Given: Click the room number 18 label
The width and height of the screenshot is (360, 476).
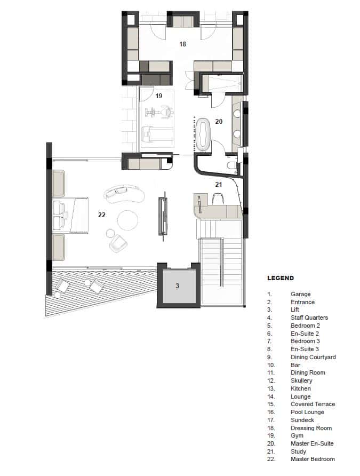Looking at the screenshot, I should tap(182, 44).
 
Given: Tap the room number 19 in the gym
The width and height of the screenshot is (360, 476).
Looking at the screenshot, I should tap(159, 96).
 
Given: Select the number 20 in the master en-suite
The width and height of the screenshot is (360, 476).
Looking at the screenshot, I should tap(219, 121).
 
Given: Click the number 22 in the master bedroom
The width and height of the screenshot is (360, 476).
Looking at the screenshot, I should tap(102, 215).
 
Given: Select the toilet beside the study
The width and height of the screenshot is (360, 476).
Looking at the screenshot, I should tap(231, 166).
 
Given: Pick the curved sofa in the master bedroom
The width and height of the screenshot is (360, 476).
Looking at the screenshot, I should tap(125, 194).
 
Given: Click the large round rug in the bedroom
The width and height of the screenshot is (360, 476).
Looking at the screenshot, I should tap(128, 220).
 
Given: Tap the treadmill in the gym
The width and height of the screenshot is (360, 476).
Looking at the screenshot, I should tap(157, 136).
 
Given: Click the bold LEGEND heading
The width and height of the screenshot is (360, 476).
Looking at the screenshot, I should tap(280, 278).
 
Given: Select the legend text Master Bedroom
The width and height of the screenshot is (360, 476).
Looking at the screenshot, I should tap(313, 459).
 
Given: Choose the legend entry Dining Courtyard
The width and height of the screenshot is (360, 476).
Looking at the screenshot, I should tap(313, 357).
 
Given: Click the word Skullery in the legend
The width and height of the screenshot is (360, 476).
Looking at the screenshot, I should tap(301, 380).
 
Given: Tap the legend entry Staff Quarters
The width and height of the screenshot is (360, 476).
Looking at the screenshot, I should tap(309, 318).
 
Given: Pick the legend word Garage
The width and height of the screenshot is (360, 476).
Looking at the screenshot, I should tap(300, 294).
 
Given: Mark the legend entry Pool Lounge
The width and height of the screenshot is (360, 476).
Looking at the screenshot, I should tap(307, 412).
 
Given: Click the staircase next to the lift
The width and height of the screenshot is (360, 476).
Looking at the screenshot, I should tap(221, 269).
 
